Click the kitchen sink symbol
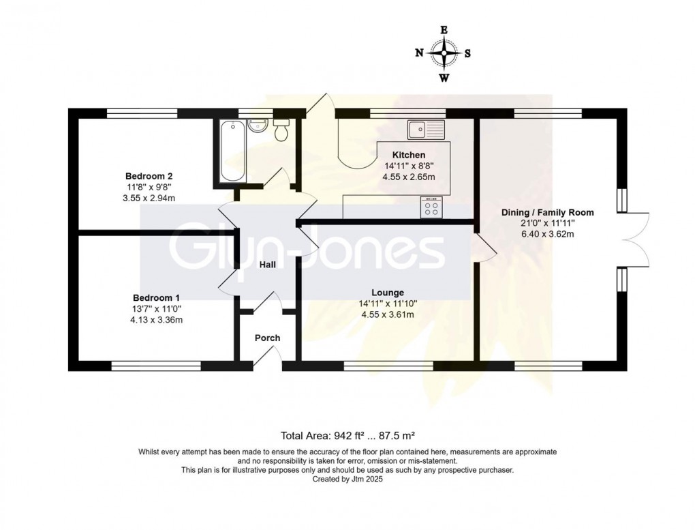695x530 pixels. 426,129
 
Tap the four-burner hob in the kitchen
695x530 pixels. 431,207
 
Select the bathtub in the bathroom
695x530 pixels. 232,151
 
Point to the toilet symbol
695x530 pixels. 281,129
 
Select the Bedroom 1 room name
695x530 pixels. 157,297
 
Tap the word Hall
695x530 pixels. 268,265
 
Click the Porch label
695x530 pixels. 267,338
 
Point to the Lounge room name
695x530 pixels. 388,293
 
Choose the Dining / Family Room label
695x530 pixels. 547,212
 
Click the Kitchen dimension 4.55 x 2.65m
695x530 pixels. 409,177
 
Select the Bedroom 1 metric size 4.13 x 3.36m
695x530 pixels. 157,320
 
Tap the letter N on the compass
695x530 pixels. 419,53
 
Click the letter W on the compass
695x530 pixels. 444,78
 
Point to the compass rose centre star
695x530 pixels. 444,53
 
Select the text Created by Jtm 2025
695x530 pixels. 347,479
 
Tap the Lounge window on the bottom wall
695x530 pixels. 388,366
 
